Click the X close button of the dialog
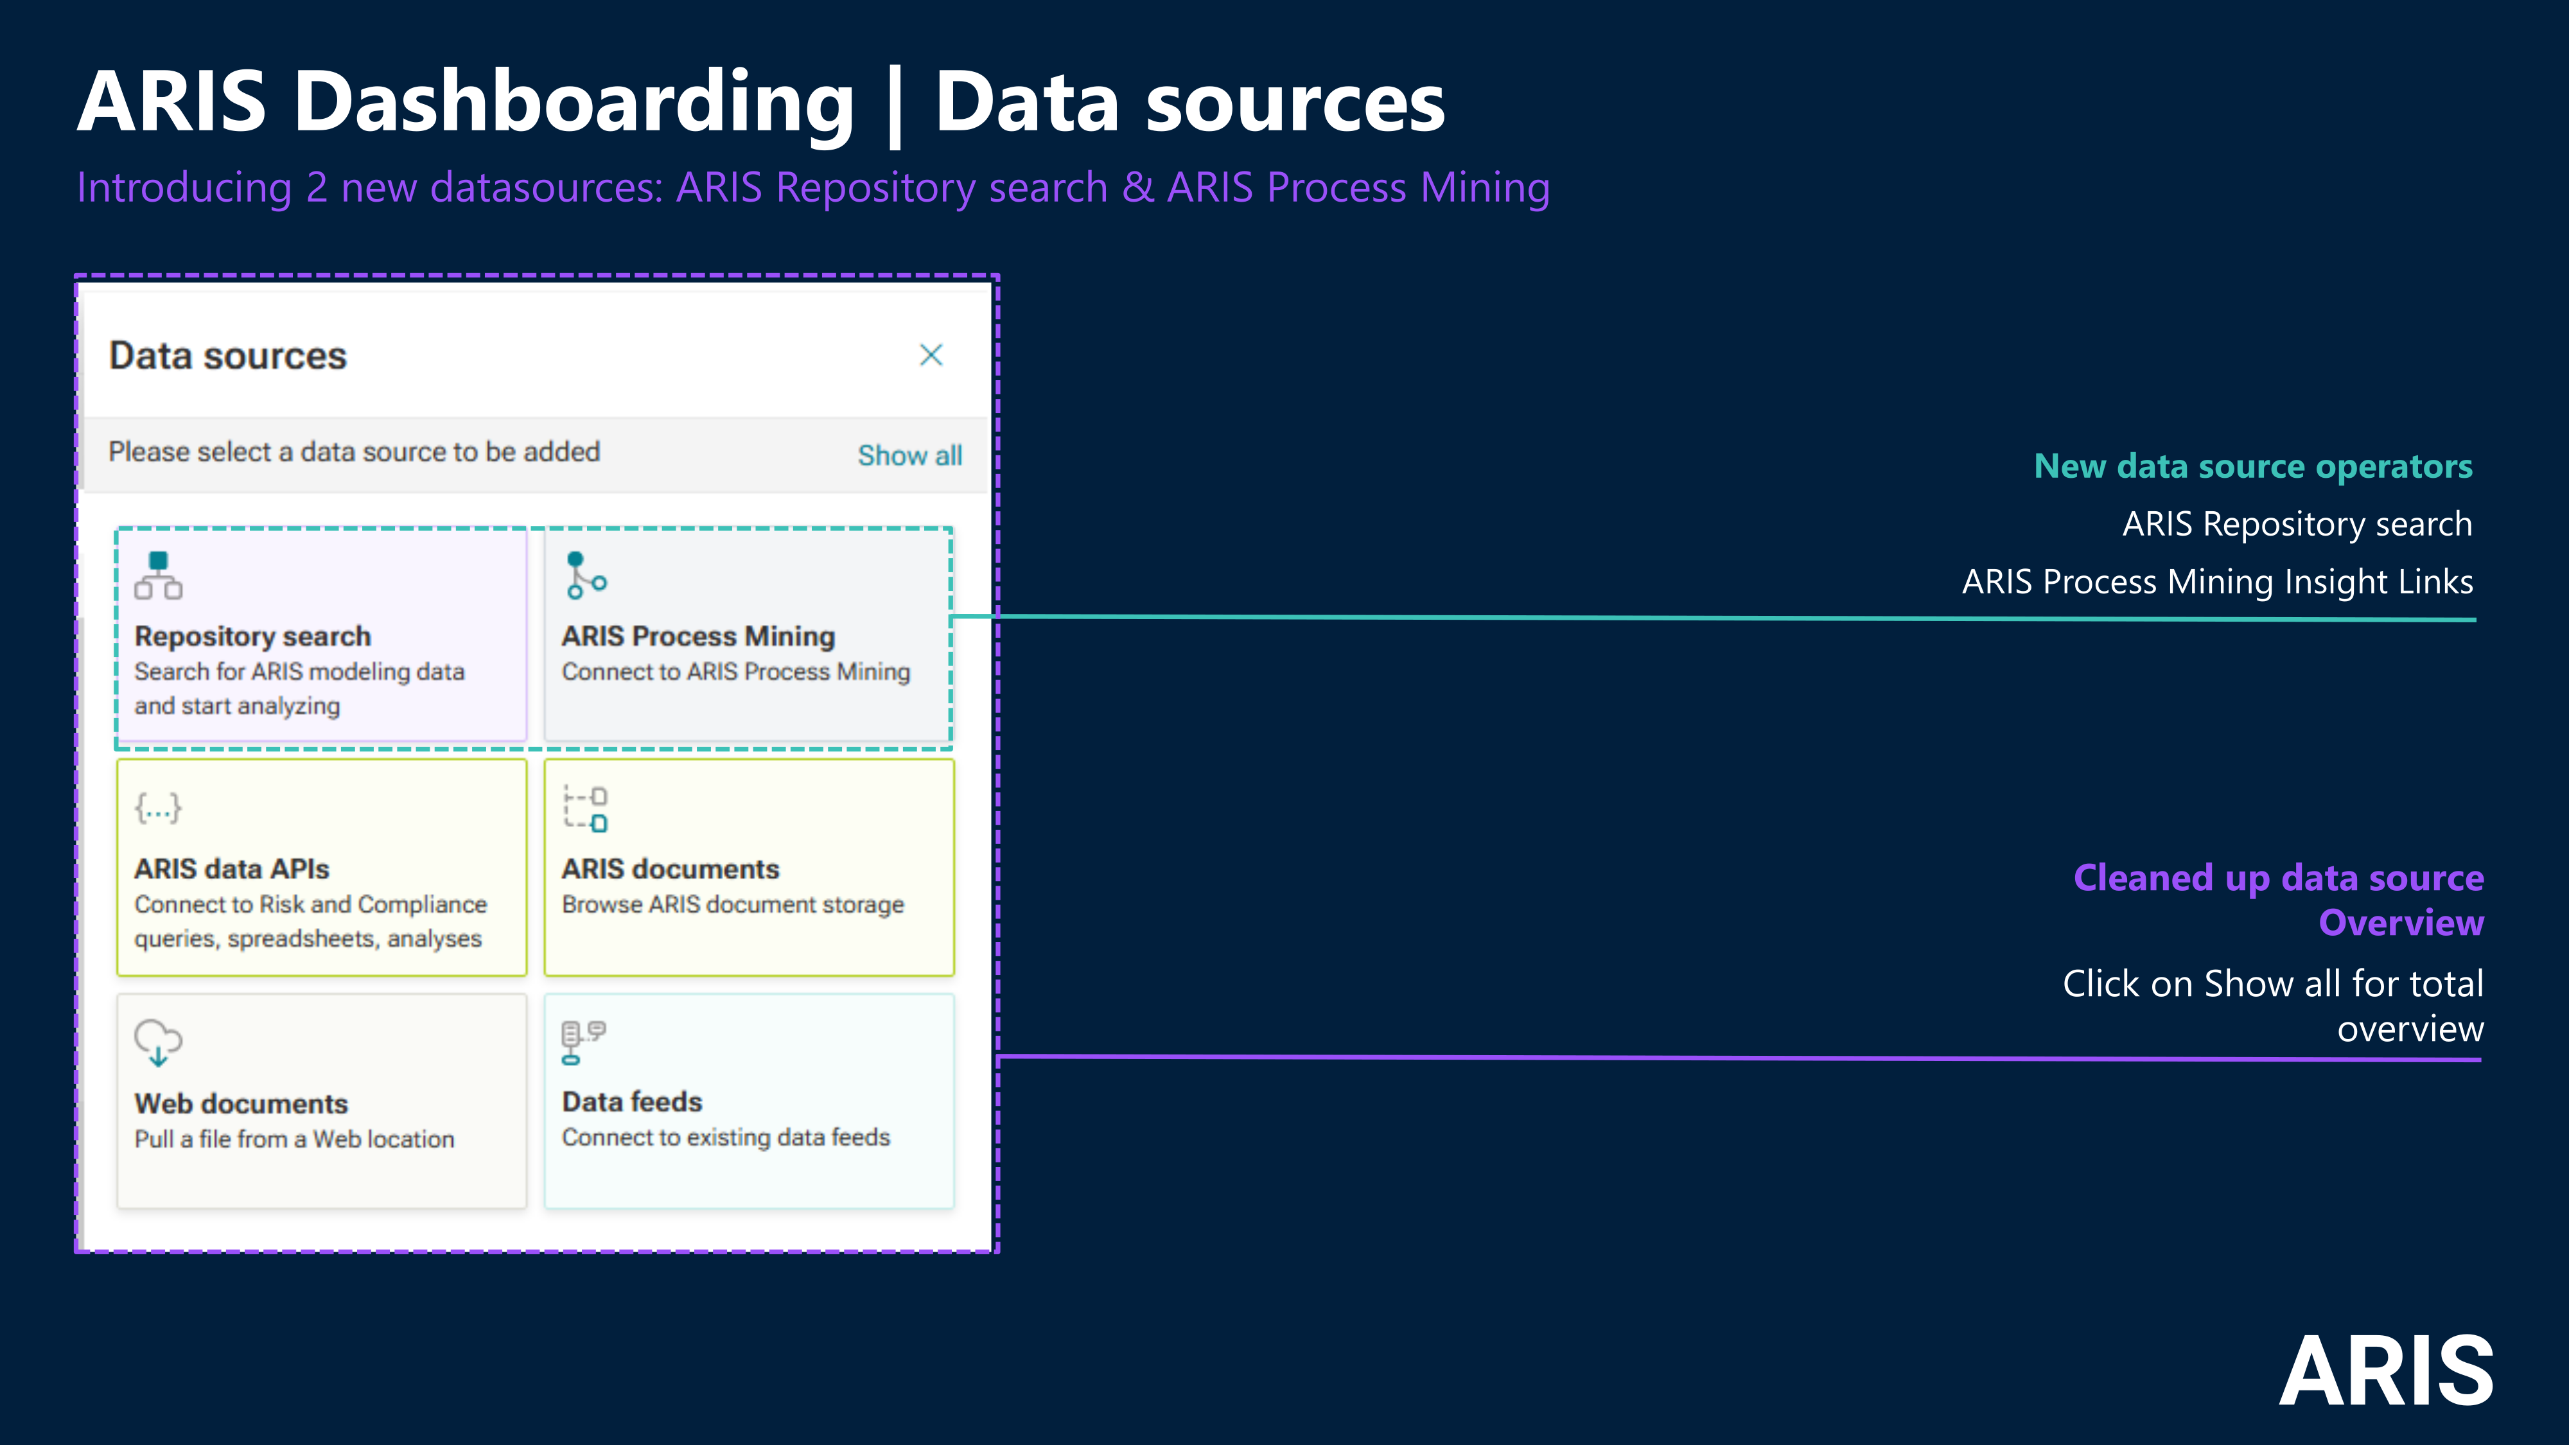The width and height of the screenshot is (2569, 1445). pyautogui.click(x=931, y=355)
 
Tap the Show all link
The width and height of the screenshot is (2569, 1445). pyautogui.click(x=909, y=456)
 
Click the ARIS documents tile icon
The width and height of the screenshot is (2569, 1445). pyautogui.click(x=585, y=809)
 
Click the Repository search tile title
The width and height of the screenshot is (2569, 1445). pyautogui.click(x=252, y=636)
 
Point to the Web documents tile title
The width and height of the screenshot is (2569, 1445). pyautogui.click(x=241, y=1104)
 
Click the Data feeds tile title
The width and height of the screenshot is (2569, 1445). pyautogui.click(x=632, y=1102)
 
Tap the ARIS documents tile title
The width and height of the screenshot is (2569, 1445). pyautogui.click(x=670, y=870)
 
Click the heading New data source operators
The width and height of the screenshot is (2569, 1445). pyautogui.click(x=2253, y=467)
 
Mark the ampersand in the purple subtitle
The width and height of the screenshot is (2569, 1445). pyautogui.click(x=1137, y=188)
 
